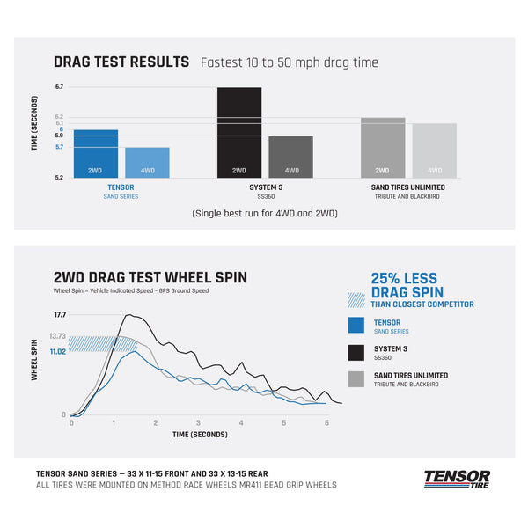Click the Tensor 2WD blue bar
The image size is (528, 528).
click(95, 154)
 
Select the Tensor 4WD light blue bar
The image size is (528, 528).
click(146, 163)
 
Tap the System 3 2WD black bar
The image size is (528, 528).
click(239, 133)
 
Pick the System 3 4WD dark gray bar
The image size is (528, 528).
click(290, 158)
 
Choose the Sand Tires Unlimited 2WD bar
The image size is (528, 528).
click(382, 148)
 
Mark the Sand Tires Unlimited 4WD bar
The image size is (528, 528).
click(435, 150)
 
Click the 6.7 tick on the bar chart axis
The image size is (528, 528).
click(59, 87)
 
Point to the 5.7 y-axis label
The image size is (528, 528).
click(59, 147)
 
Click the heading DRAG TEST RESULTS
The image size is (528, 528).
click(121, 62)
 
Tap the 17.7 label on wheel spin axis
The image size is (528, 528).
click(60, 314)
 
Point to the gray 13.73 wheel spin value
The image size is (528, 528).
click(57, 336)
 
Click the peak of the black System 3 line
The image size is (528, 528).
click(129, 314)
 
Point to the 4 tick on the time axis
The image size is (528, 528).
click(241, 422)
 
